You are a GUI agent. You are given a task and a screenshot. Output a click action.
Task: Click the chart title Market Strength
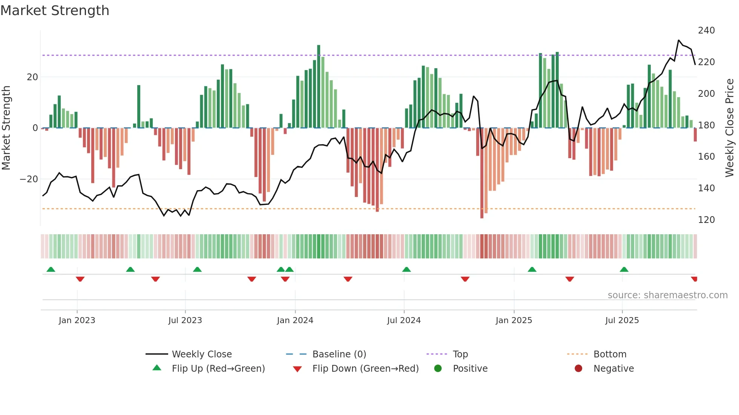pyautogui.click(x=55, y=11)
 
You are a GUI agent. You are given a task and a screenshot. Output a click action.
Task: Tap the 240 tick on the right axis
pyautogui.click(x=706, y=31)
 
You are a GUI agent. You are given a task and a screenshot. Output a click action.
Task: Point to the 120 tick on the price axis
pyautogui.click(x=706, y=220)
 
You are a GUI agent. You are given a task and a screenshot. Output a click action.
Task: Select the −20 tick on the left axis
pyautogui.click(x=29, y=179)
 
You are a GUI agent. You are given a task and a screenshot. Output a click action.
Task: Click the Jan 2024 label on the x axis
pyautogui.click(x=295, y=320)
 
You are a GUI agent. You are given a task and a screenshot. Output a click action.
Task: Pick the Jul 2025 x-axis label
pyautogui.click(x=622, y=320)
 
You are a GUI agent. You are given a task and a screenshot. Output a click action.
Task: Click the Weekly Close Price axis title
pyautogui.click(x=730, y=128)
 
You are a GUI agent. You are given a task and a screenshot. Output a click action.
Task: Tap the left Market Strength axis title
pyautogui.click(x=6, y=128)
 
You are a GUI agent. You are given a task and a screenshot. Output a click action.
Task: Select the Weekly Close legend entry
pyautogui.click(x=201, y=354)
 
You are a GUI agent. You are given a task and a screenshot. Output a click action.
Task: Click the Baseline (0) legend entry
pyautogui.click(x=339, y=354)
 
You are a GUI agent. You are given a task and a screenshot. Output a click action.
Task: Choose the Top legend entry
pyautogui.click(x=460, y=354)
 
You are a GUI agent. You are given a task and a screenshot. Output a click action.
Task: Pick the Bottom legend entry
pyautogui.click(x=610, y=354)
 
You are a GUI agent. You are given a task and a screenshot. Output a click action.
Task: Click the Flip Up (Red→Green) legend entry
pyautogui.click(x=218, y=369)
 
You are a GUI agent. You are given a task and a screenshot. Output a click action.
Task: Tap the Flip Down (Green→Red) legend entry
pyautogui.click(x=365, y=369)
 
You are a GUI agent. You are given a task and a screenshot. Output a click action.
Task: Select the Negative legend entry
pyautogui.click(x=613, y=369)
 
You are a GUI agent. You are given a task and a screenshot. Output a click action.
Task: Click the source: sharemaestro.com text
pyautogui.click(x=667, y=295)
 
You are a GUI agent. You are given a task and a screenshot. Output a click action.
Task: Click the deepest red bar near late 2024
pyautogui.click(x=482, y=173)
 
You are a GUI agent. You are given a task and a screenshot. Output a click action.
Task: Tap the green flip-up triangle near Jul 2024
pyautogui.click(x=406, y=270)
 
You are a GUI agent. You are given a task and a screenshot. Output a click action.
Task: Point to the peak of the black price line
pyautogui.click(x=679, y=40)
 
